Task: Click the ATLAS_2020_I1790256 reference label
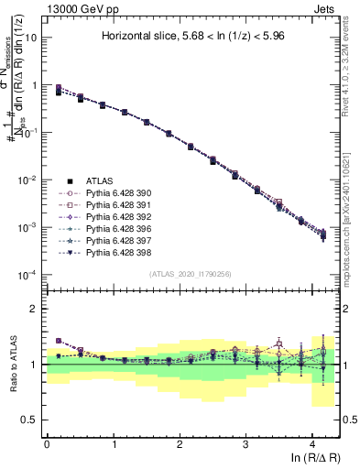[191, 274]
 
